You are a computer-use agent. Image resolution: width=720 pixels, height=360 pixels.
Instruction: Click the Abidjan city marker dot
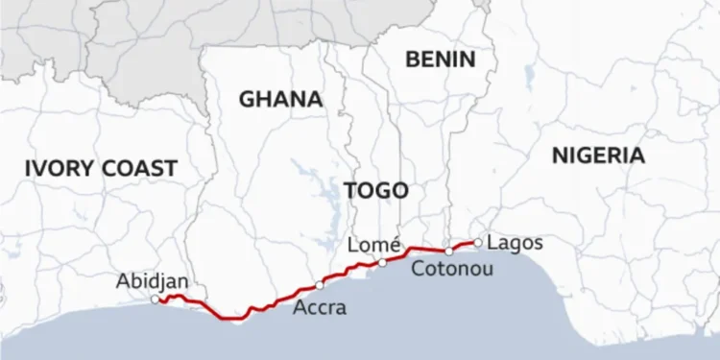[x=156, y=300]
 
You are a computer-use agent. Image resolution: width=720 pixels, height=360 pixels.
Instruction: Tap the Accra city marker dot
[x=319, y=285]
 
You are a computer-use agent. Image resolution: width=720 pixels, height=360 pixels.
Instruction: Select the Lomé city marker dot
[x=382, y=262]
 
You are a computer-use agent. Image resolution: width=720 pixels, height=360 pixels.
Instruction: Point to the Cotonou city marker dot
[x=448, y=251]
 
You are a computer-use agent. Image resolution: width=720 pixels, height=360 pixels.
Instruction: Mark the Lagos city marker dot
[x=477, y=242]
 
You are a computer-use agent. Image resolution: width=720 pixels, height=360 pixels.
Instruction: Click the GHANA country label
[x=279, y=99]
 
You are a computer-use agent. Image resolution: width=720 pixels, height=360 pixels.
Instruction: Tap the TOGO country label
[x=375, y=190]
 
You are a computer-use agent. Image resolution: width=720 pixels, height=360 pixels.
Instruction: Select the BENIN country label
[x=440, y=60]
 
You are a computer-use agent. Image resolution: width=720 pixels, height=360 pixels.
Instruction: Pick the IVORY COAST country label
[x=101, y=169]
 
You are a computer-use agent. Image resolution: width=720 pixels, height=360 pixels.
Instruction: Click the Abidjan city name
[x=152, y=281]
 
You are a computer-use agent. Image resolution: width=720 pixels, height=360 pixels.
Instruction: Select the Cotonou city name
[x=452, y=270]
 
